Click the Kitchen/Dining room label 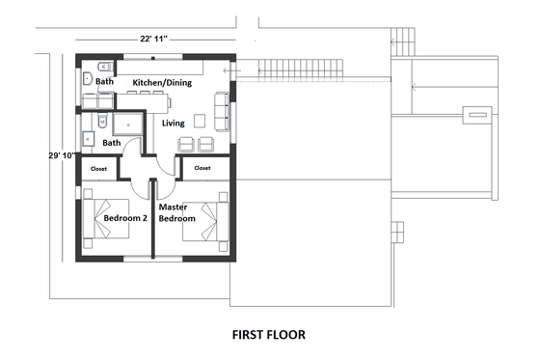pos(161,83)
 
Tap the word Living pos(174,124)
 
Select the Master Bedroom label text pos(176,212)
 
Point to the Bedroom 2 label pos(124,218)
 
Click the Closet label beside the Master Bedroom pos(202,168)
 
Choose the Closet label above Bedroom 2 pos(98,168)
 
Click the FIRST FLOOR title pos(268,336)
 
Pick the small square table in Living pos(199,122)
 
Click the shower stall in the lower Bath pos(124,124)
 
